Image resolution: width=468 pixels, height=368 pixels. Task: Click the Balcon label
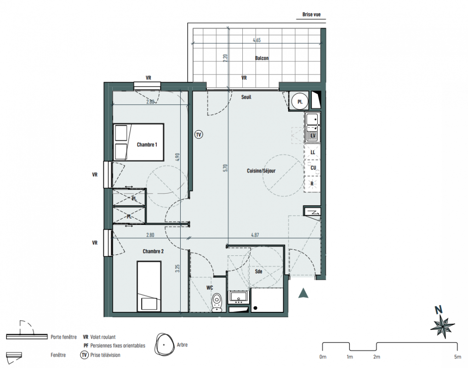click(x=262, y=58)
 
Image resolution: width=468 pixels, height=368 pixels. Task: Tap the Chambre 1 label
click(x=147, y=144)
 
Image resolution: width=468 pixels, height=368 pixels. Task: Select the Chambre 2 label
click(x=153, y=251)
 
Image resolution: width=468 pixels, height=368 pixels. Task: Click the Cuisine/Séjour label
click(x=261, y=171)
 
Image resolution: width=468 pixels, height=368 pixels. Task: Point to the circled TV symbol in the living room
click(x=199, y=134)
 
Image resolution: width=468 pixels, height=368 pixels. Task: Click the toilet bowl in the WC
click(x=217, y=302)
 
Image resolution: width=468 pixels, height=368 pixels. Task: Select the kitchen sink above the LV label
click(x=312, y=127)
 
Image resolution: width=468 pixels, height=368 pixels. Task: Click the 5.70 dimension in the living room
click(x=226, y=168)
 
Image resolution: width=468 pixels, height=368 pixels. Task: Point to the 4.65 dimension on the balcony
click(x=257, y=40)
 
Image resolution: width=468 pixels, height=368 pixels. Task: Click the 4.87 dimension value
click(x=255, y=235)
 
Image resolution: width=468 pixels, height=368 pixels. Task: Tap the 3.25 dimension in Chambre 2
click(x=178, y=268)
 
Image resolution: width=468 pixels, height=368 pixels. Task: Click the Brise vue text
click(x=311, y=14)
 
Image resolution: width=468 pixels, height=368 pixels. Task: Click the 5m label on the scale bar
click(x=457, y=356)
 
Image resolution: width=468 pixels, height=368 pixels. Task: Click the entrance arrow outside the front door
click(x=303, y=293)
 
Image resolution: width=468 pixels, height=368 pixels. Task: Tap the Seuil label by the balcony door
click(x=246, y=97)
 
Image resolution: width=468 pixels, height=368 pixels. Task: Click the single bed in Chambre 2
click(x=149, y=286)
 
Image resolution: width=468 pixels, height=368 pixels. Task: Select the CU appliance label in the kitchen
click(x=313, y=168)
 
